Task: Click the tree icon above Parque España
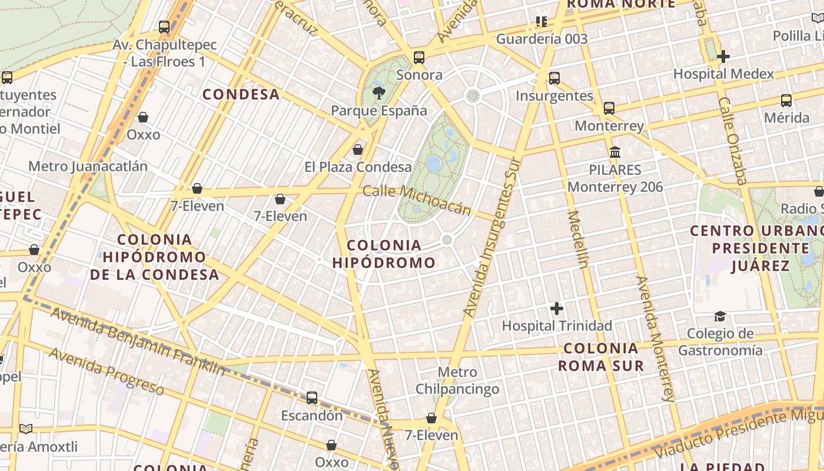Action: [x=379, y=92]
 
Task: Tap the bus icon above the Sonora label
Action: [x=419, y=57]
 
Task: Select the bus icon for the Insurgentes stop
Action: [x=554, y=78]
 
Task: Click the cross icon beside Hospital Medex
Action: [x=723, y=57]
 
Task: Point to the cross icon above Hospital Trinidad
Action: [x=556, y=308]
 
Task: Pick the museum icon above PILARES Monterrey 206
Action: [x=615, y=152]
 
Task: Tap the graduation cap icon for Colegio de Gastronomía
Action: [x=720, y=317]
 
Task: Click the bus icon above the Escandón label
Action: [x=312, y=398]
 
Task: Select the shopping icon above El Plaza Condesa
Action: [x=357, y=150]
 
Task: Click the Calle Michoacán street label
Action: [x=417, y=200]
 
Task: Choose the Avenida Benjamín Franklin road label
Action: [x=137, y=341]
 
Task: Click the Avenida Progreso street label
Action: [x=106, y=371]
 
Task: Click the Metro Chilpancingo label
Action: [x=457, y=380]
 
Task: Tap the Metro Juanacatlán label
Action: [x=88, y=166]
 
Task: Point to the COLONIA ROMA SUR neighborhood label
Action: [x=601, y=357]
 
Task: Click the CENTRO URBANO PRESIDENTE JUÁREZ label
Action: [x=756, y=248]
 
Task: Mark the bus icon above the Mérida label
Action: [x=786, y=100]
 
